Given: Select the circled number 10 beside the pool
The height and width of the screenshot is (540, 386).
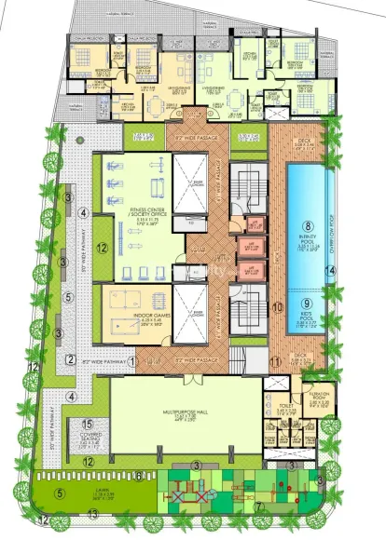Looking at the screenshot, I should tap(275, 305).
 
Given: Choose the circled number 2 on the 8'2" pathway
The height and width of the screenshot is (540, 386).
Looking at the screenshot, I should tap(69, 361).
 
